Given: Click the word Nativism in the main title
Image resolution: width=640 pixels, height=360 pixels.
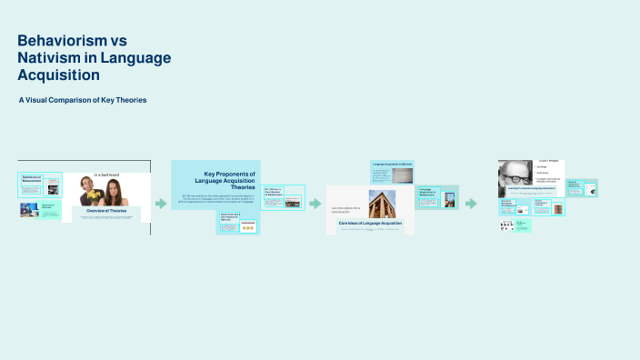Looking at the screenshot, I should click(52, 58).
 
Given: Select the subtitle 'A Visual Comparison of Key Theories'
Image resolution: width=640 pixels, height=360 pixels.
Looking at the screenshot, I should click(82, 99).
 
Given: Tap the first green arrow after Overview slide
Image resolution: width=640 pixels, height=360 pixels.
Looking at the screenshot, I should click(161, 204).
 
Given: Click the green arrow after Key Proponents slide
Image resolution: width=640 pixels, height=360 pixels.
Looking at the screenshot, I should click(315, 204).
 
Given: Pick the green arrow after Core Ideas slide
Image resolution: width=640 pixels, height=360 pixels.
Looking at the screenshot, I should click(471, 204).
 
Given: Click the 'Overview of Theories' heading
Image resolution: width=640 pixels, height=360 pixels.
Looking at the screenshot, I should click(106, 211).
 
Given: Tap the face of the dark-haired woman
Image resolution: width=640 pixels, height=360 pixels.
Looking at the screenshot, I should click(115, 187).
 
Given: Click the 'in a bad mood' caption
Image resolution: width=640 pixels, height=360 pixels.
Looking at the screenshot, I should click(106, 175).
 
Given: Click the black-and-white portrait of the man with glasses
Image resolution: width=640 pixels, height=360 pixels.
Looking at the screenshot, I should click(515, 178).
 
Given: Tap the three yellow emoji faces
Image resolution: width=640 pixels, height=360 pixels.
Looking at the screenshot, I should click(246, 226).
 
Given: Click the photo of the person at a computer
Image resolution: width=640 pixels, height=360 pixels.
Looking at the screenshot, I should click(29, 210).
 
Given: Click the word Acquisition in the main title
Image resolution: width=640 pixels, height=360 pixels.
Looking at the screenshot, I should click(63, 75).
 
